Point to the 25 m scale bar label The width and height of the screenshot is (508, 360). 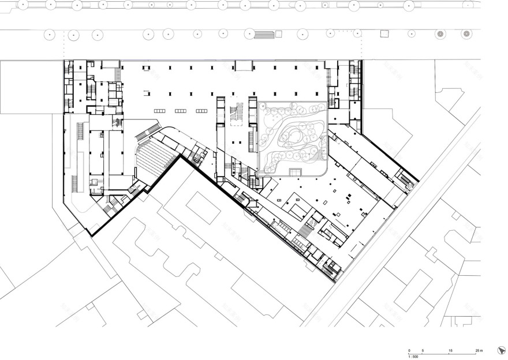(x=479, y=351)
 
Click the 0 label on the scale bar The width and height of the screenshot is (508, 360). (x=409, y=351)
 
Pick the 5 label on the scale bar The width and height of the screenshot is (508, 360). (x=423, y=351)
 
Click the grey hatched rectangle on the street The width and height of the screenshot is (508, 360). (x=263, y=35)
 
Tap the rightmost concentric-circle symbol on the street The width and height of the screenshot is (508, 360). (x=466, y=34)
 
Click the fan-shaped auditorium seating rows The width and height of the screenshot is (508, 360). (x=155, y=156)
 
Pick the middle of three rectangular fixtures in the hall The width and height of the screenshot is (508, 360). (x=181, y=111)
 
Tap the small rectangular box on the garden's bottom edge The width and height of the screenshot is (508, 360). (x=296, y=172)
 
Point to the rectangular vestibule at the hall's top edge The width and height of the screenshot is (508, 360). (x=242, y=66)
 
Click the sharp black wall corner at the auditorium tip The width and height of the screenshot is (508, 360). (x=182, y=155)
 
